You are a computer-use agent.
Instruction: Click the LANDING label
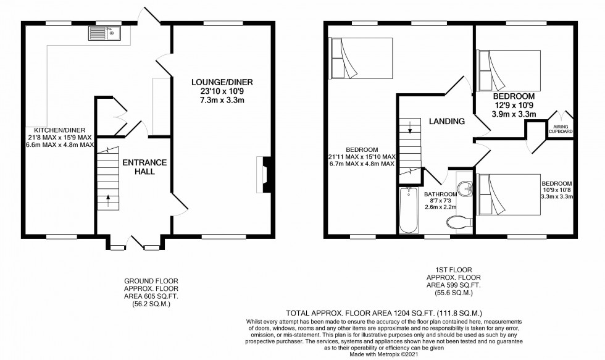pyautogui.click(x=446, y=122)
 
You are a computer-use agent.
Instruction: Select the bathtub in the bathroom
pyautogui.click(x=409, y=211)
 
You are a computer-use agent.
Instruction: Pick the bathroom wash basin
pyautogui.click(x=465, y=186)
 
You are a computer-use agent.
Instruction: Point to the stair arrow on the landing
pyautogui.click(x=409, y=129)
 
